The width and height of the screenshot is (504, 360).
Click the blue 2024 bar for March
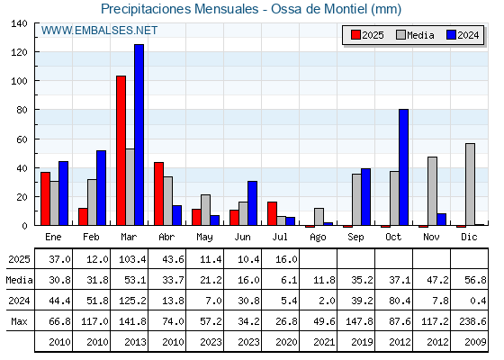click(x=139, y=135)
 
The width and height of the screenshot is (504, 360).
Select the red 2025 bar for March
click(x=121, y=150)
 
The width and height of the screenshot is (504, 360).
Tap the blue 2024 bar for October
click(x=404, y=167)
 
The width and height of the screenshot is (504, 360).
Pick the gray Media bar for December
click(x=470, y=184)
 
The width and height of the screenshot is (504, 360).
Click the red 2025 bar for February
click(x=83, y=217)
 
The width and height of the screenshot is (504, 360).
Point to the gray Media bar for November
click(x=432, y=191)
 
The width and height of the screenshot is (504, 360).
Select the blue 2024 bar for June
click(x=252, y=203)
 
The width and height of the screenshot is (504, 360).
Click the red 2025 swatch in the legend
click(x=355, y=35)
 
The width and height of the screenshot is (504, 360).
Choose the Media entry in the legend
click(x=415, y=35)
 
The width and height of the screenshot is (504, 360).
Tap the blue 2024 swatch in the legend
click(x=451, y=35)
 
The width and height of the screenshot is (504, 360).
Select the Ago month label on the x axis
click(x=318, y=238)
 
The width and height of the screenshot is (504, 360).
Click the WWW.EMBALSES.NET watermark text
click(x=99, y=31)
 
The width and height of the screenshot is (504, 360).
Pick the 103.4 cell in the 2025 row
click(x=132, y=259)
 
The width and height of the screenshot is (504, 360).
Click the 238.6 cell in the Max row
click(x=472, y=321)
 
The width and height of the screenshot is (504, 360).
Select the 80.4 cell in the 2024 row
click(x=400, y=301)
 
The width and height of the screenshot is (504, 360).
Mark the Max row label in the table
click(x=19, y=321)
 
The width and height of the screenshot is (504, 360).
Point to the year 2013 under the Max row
click(x=135, y=342)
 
